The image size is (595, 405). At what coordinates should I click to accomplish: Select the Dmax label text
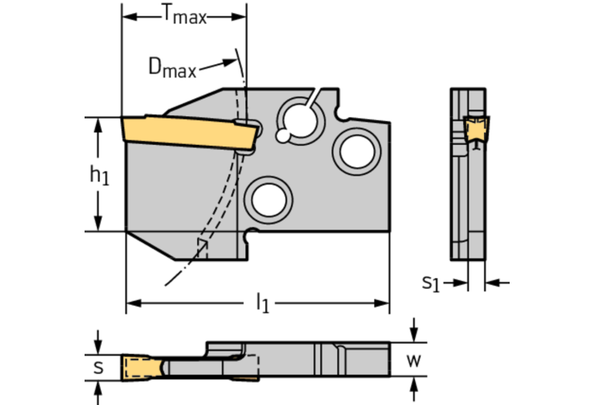172,67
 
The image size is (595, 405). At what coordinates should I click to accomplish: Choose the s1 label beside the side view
431,283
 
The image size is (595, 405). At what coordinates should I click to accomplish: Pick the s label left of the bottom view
98,366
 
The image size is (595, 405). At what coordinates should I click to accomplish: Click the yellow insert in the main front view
186,133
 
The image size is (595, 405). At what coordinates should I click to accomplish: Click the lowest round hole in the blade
268,198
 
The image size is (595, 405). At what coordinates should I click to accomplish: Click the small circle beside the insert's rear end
284,137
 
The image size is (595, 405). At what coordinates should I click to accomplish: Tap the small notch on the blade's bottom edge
250,234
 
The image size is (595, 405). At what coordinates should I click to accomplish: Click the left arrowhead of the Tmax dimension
129,16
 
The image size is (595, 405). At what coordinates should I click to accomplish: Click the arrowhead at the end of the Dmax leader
232,62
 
